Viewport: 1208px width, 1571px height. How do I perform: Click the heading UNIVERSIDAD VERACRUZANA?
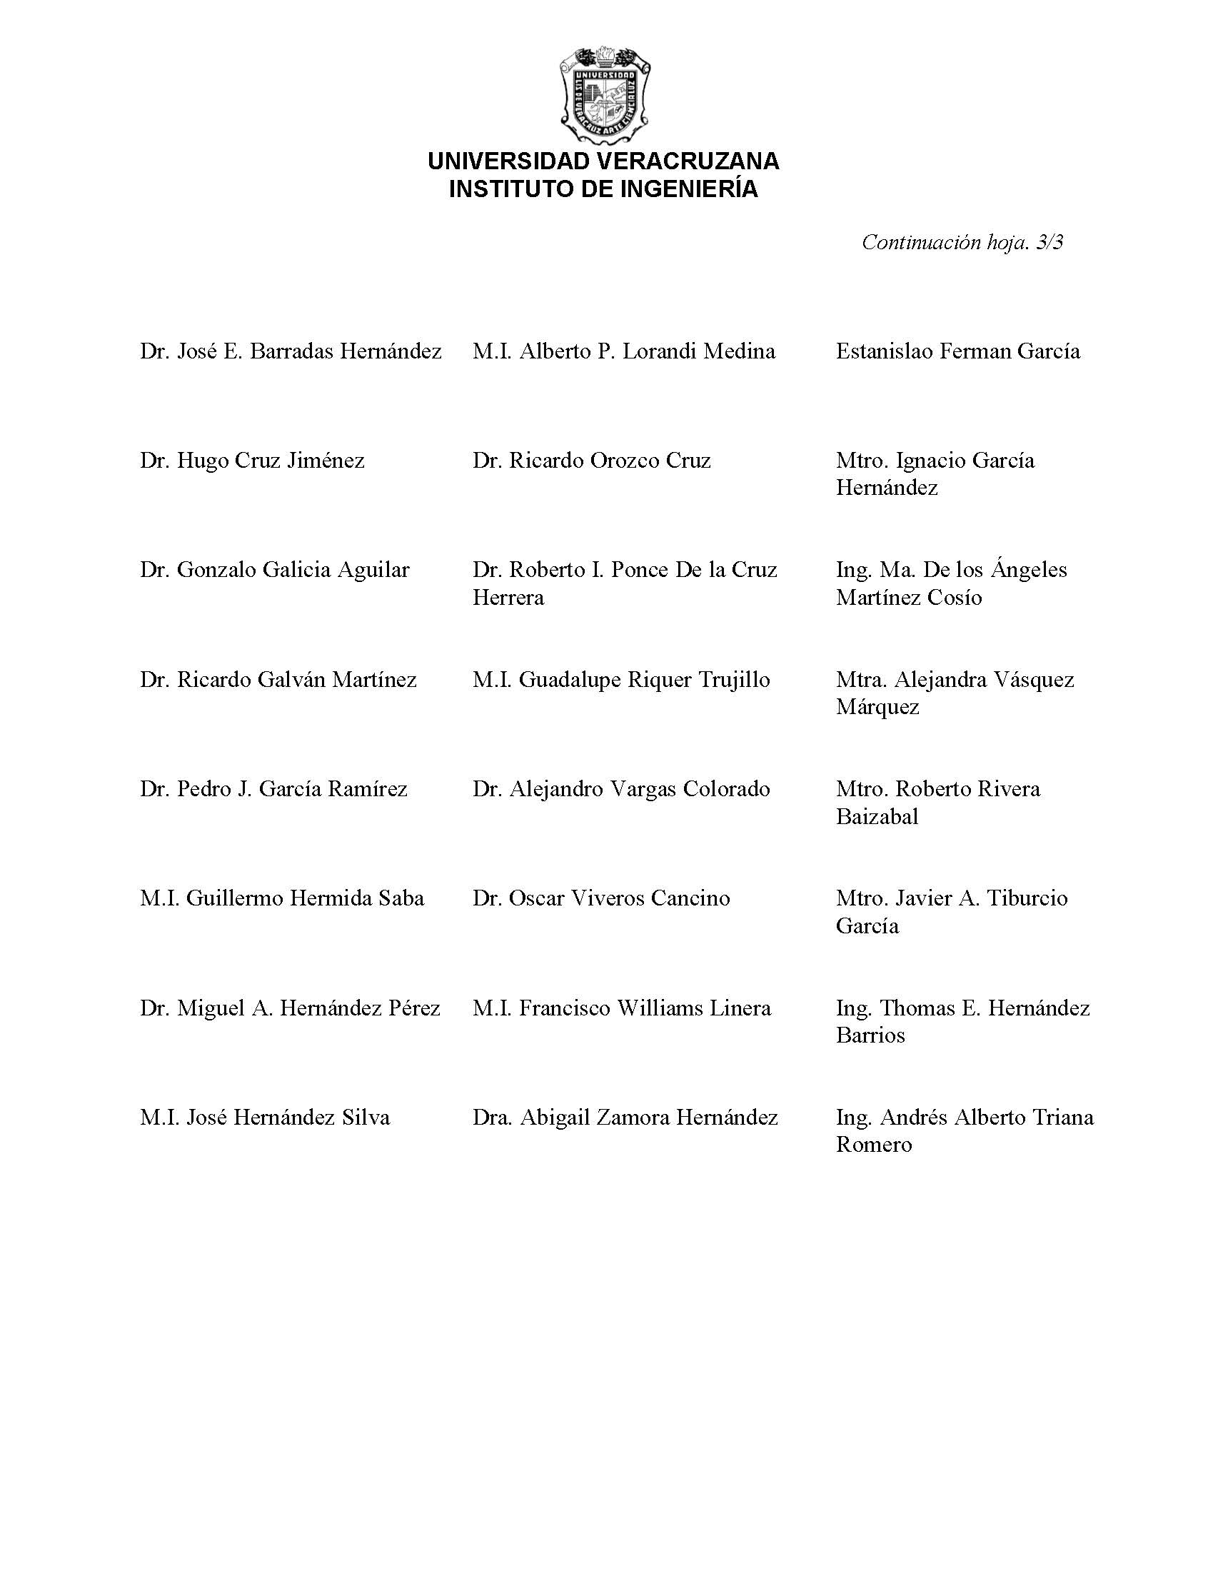603,161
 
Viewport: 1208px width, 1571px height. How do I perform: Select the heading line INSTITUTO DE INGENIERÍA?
603,189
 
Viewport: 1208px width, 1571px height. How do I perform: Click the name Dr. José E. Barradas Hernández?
291,351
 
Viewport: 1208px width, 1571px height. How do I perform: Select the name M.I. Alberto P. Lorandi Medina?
624,351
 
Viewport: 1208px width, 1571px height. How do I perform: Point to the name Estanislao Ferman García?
958,351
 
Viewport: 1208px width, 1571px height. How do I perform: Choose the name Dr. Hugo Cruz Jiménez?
253,461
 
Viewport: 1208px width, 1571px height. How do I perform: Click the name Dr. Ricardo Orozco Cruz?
592,461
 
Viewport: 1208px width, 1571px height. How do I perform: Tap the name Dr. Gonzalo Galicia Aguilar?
275,570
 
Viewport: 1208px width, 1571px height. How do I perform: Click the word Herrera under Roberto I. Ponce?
508,598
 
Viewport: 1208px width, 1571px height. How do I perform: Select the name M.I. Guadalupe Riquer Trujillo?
621,679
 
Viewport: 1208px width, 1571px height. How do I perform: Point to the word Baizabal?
877,817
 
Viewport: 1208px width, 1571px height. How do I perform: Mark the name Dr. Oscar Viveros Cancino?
601,898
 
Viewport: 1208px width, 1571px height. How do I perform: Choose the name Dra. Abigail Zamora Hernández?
625,1118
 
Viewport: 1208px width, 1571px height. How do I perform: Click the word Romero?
874,1145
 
